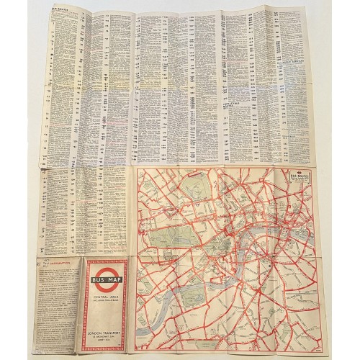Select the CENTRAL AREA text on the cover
click(108, 284)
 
